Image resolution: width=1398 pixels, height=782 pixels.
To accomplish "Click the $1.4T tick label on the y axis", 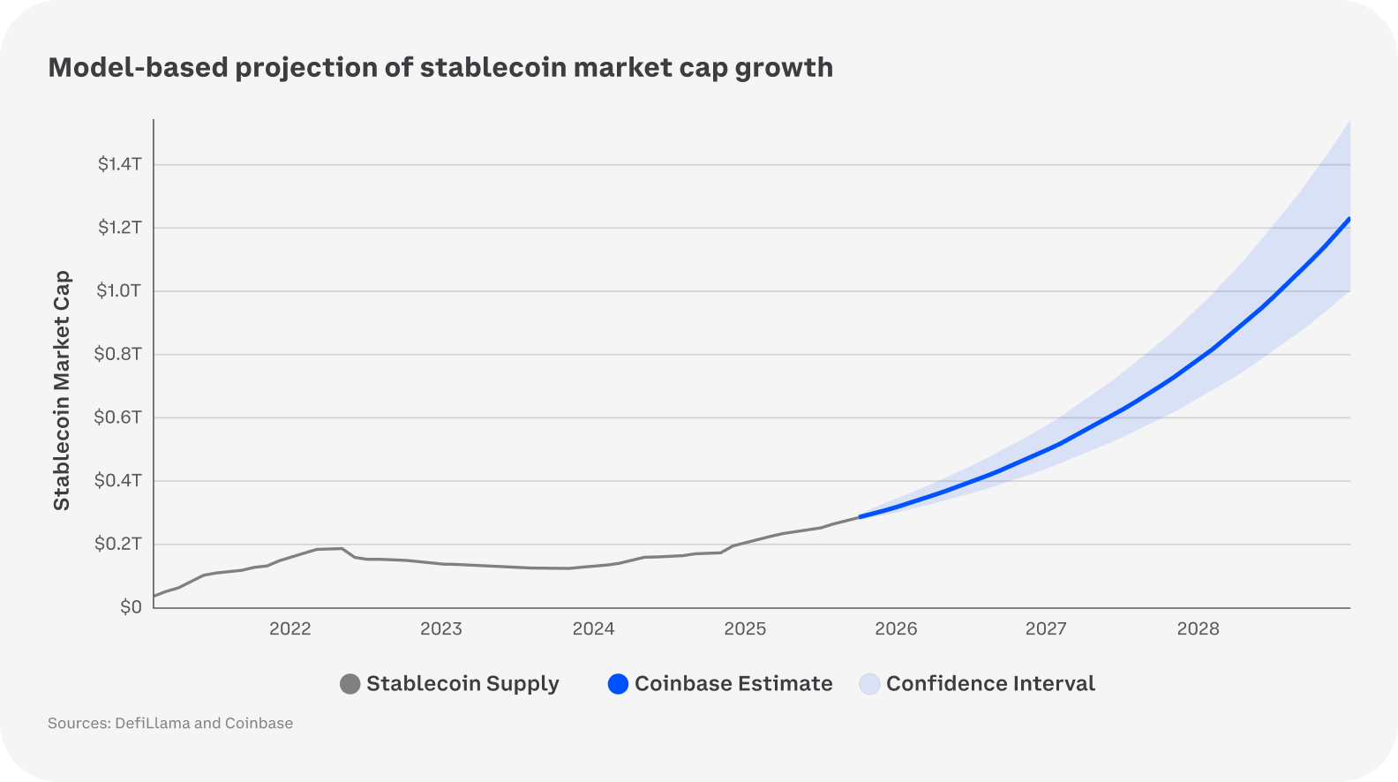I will pos(119,164).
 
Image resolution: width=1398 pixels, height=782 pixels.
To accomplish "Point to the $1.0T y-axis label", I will pos(118,290).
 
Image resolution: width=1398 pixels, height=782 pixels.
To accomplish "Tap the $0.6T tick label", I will pos(118,417).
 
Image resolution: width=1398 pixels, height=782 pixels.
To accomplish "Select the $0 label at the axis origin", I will pos(131,607).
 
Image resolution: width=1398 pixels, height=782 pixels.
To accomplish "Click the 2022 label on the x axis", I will pos(290,628).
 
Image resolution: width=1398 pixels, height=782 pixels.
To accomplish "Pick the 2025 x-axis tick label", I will pos(745,628).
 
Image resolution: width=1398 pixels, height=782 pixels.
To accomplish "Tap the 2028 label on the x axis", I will pos(1198,628).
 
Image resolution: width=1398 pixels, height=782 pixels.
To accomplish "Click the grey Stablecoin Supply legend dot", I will pos(350,684).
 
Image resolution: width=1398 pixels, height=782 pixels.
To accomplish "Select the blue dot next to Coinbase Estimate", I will pos(618,684).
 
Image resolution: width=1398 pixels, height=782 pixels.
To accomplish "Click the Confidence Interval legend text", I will pos(990,684).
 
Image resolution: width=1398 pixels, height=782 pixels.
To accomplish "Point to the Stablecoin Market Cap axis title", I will pos(61,390).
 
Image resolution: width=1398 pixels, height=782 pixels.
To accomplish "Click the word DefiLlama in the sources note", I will pos(152,724).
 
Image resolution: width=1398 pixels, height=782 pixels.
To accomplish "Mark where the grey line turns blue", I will pos(860,516).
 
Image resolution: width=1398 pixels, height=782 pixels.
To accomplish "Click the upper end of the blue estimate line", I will pos(1349,219).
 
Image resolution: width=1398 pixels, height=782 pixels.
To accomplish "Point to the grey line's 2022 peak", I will pos(341,548).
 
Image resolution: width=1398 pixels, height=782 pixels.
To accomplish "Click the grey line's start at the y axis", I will pos(155,596).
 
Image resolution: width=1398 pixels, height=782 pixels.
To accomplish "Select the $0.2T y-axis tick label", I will pos(118,544).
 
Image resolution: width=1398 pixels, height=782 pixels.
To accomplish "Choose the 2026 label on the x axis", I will pos(896,628).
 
